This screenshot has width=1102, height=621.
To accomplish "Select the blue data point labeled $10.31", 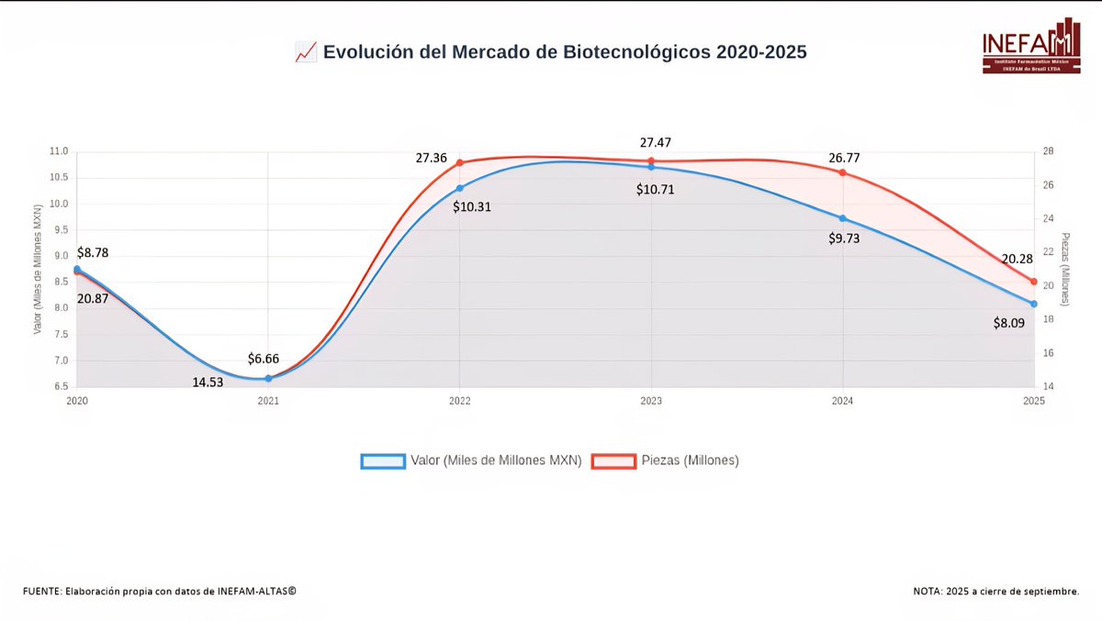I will click(460, 188).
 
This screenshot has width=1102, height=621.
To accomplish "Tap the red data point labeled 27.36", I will click(460, 162).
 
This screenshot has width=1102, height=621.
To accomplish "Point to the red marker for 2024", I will click(842, 172).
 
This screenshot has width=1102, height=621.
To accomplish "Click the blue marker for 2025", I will click(1034, 304).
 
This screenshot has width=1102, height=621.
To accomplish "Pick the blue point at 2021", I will click(268, 378).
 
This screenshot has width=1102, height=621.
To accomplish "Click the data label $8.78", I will click(94, 251).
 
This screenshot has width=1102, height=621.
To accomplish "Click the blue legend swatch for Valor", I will click(383, 461).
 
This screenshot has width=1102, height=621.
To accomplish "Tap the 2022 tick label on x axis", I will click(460, 400).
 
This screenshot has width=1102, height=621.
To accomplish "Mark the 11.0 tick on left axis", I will click(59, 151).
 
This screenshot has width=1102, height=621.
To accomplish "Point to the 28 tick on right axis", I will click(1048, 151).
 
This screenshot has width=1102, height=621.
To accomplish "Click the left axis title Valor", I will click(38, 270).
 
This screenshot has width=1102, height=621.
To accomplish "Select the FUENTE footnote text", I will click(160, 591).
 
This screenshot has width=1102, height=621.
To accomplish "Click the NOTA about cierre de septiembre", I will click(995, 591).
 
